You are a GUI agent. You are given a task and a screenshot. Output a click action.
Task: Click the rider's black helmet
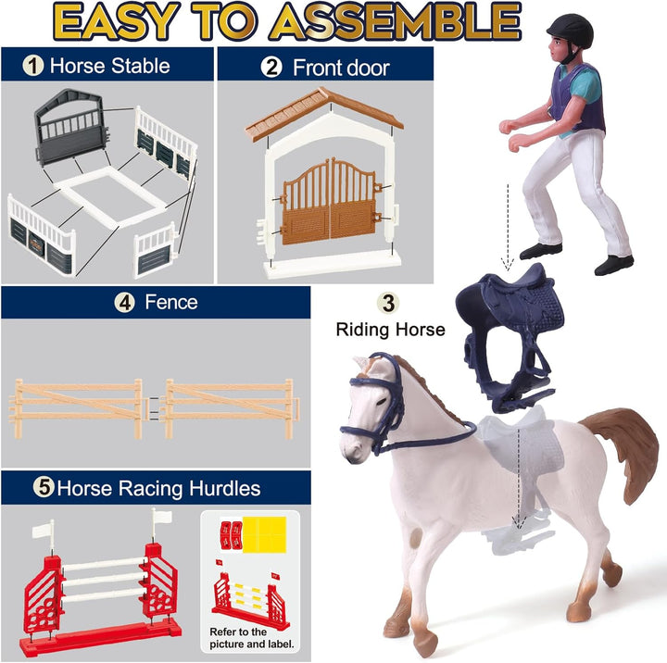pos(571,30)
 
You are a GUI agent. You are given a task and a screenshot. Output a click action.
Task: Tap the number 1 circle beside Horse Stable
pos(33,66)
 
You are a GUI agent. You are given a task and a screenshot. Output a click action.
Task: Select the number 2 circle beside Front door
pos(271,68)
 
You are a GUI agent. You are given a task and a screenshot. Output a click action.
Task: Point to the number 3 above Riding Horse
pos(388,303)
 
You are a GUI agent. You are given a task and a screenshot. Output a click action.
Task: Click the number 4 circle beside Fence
pos(125,303)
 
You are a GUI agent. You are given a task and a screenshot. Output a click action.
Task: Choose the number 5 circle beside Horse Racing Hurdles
pos(44,487)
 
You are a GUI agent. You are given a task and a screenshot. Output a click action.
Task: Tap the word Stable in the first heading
pos(141,66)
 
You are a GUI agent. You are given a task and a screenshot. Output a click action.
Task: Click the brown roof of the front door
pos(324,111)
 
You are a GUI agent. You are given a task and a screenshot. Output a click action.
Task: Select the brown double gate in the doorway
pos(330,202)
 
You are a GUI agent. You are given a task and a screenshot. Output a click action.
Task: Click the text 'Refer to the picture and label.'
pos(251,638)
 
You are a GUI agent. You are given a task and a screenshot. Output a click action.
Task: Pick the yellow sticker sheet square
pos(264,534)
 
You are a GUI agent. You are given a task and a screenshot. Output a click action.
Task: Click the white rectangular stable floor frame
pos(109,196)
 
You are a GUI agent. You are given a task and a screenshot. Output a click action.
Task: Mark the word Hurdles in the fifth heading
pos(224,488)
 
